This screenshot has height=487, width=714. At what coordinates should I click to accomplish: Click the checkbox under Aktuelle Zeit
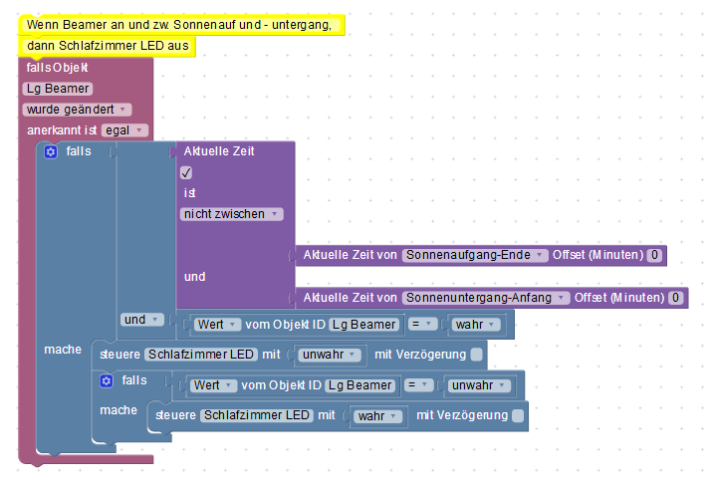click(x=186, y=172)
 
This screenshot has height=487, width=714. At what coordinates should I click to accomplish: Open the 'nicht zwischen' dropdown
click(x=232, y=214)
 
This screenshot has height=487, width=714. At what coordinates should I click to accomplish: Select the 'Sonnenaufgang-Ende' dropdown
click(x=475, y=255)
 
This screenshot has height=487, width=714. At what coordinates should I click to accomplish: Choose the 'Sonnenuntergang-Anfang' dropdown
click(x=486, y=298)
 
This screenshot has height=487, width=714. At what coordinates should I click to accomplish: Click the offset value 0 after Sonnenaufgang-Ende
click(x=654, y=255)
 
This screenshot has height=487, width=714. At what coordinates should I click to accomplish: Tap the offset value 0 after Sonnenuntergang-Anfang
click(x=675, y=298)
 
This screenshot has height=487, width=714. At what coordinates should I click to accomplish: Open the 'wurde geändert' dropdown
click(x=77, y=110)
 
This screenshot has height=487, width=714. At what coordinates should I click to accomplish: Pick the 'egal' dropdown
click(x=124, y=130)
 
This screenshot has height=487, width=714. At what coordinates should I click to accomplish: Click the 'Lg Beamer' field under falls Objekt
click(x=58, y=89)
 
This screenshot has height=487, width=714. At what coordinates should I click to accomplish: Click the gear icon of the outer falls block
click(x=51, y=151)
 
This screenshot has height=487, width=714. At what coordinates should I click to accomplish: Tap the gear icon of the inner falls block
click(x=107, y=380)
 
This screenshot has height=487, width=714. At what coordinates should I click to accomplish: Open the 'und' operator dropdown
click(x=142, y=320)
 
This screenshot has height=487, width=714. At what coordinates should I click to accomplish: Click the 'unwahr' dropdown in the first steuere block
click(x=330, y=355)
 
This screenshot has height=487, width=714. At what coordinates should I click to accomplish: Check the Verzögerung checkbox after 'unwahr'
click(x=476, y=355)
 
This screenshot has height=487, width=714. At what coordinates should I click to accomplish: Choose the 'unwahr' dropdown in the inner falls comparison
click(x=479, y=385)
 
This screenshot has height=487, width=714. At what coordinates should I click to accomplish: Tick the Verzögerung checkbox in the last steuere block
click(x=518, y=415)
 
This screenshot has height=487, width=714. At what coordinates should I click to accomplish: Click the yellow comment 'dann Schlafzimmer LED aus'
click(x=108, y=46)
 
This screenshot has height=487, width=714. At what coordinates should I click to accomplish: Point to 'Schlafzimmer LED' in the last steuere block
click(x=257, y=415)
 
